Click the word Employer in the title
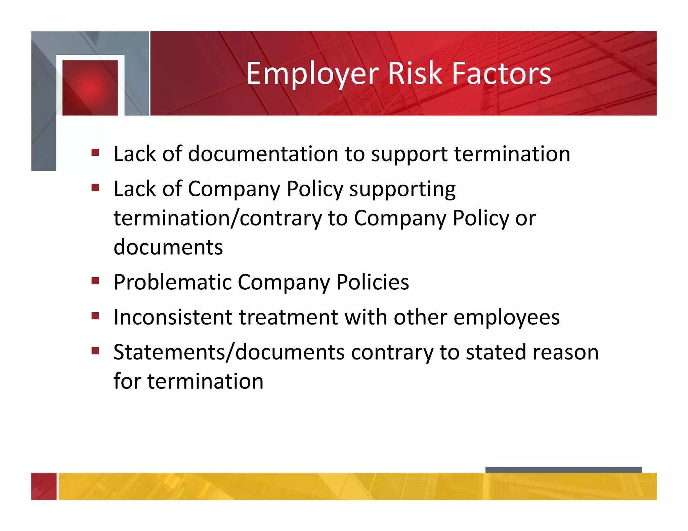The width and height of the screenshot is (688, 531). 312,74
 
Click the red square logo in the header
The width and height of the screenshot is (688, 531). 90,88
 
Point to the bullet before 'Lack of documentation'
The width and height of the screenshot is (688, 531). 95,153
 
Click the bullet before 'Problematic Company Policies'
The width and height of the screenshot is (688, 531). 95,280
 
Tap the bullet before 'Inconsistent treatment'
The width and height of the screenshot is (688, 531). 95,316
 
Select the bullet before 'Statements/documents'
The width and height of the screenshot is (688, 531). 95,351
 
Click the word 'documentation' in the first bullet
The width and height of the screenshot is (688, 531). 263,154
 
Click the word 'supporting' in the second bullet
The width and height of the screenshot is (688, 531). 402,190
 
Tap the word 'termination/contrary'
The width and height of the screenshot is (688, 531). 218,219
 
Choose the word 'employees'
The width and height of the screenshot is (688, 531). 506,318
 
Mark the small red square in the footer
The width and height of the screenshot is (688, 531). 44,486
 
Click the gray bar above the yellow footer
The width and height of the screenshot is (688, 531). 563,470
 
